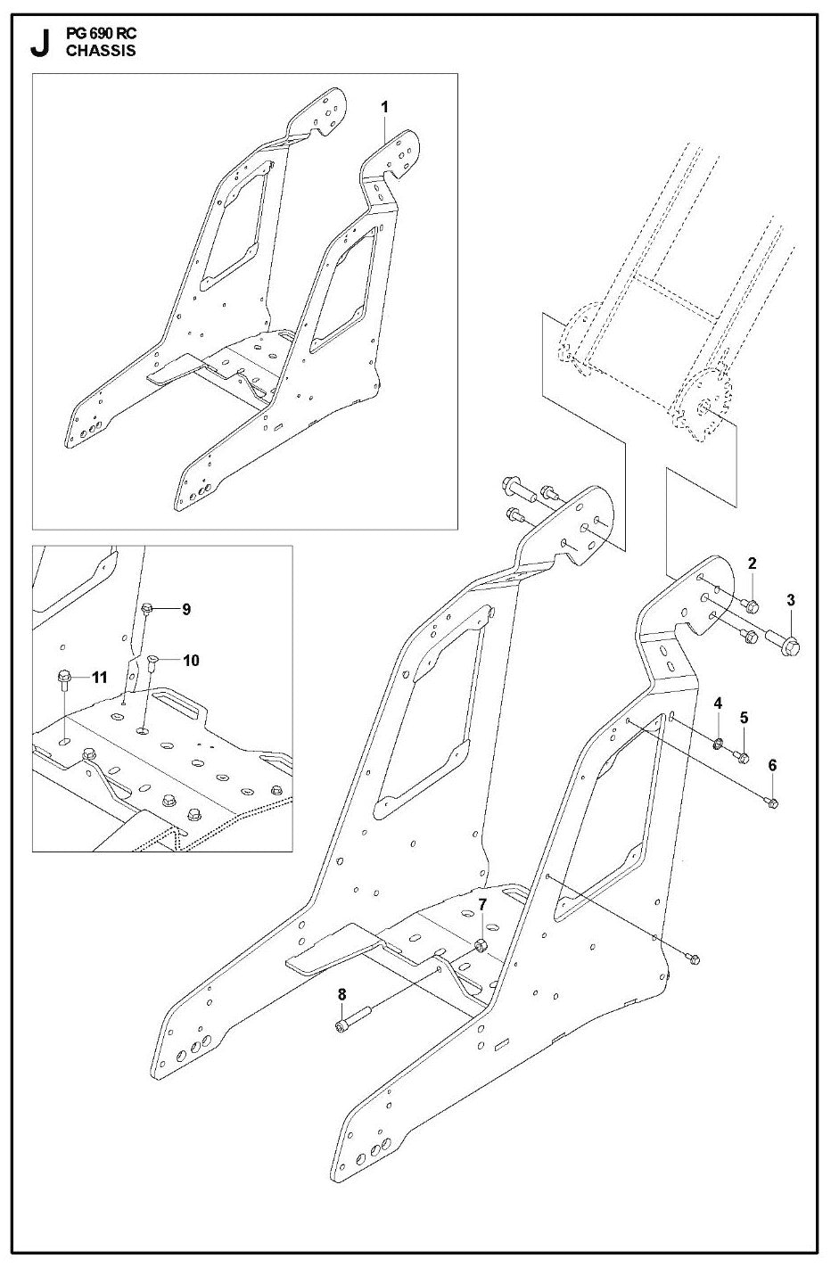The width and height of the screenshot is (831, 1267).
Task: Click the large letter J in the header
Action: [x=40, y=45]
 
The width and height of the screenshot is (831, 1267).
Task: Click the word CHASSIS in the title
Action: [x=101, y=51]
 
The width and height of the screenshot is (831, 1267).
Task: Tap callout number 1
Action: [x=385, y=108]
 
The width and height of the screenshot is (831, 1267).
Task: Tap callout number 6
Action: [x=772, y=765]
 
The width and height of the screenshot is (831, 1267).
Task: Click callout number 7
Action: [x=481, y=905]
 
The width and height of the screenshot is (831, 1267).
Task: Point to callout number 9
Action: [x=185, y=609]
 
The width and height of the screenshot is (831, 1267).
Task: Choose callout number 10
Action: [x=191, y=660]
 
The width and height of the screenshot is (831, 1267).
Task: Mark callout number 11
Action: [x=99, y=678]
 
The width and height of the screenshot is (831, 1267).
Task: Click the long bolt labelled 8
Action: [x=355, y=1019]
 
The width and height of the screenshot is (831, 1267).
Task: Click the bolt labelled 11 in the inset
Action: [x=64, y=679]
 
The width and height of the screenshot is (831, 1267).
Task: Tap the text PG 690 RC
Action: [x=101, y=34]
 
